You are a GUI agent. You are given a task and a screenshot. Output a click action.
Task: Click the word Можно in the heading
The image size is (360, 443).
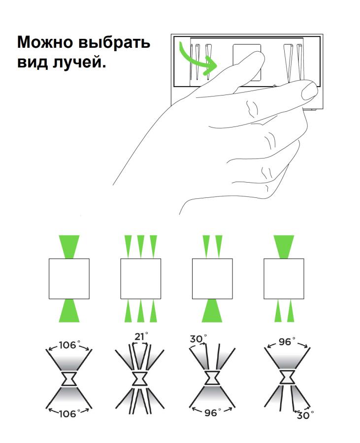pos(45,42)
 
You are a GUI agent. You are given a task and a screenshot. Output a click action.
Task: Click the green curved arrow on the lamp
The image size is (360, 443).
pos(197,61)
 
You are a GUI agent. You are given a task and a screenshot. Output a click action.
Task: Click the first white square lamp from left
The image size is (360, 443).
pos(69,279)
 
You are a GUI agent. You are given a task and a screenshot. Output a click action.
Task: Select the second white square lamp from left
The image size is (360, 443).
pos(141,279)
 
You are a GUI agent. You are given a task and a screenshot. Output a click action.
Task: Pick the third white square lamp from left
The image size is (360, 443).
pos(212,279)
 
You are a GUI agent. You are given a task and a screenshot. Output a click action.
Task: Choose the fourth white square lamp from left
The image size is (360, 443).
pos(284,279)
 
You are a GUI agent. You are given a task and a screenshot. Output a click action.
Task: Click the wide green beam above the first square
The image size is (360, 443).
pos(69,247)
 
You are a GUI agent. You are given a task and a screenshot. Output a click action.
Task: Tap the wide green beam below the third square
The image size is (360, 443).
pos(212,311)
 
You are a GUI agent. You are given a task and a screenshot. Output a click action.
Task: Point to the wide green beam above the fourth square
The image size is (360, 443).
pos(284,247)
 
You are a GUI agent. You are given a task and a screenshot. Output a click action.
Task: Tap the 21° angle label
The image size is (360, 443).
pos(141,337)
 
